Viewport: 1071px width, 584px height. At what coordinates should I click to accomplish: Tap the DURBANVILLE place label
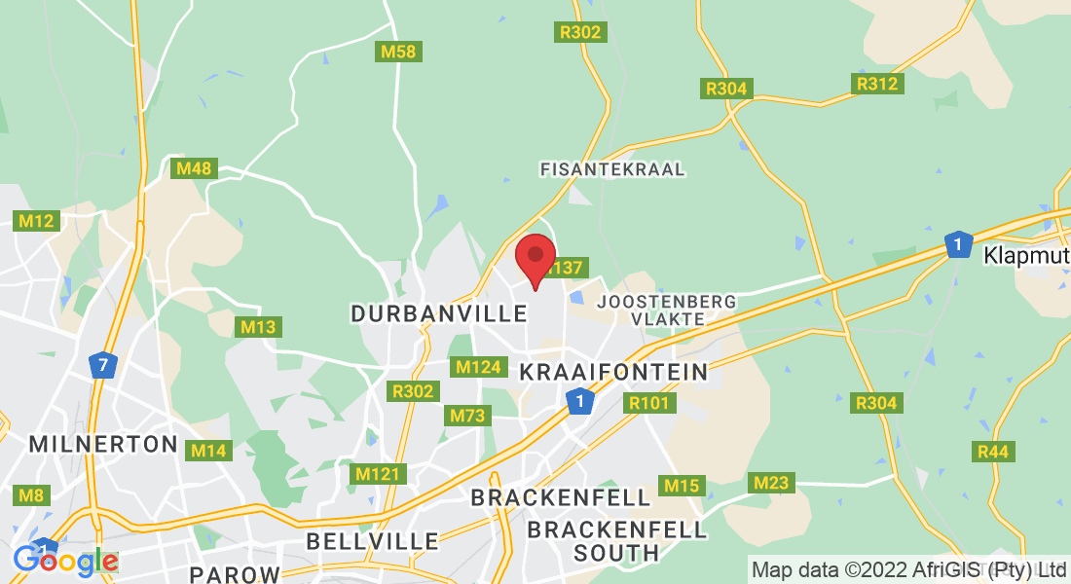point(439,313)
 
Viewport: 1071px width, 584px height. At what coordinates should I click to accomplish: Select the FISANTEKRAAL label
point(612,169)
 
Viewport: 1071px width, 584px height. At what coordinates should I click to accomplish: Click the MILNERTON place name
point(103,445)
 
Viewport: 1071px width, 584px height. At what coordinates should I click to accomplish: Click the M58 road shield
point(398,52)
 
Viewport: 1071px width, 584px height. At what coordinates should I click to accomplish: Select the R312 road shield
point(877,84)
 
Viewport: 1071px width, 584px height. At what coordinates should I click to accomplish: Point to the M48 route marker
point(193,168)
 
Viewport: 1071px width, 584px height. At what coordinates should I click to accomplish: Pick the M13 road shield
point(258,327)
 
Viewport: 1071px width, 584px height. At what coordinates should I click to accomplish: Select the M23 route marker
point(772,483)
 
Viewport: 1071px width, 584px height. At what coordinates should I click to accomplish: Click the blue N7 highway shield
point(102,366)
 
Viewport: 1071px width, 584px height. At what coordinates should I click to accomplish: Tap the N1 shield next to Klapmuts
point(959,244)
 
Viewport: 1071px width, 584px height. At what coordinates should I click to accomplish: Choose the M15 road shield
point(682,486)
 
